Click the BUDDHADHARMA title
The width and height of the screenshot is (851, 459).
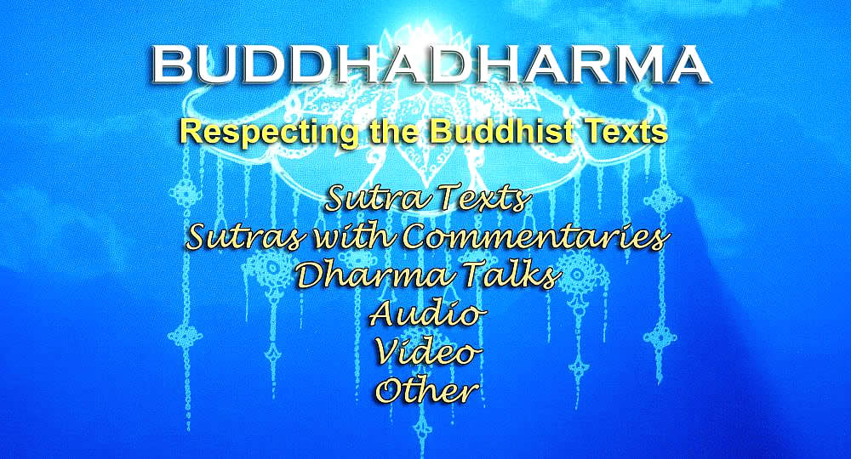pos(429,64)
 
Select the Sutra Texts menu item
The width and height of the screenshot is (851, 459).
pos(426,199)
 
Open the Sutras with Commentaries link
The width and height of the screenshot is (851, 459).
pos(426,237)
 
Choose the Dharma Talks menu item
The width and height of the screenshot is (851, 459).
pos(426,275)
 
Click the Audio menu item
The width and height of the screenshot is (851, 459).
pos(426,314)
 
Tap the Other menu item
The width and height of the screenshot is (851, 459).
pos(428,390)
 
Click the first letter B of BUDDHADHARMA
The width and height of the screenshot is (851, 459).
pos(172,64)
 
